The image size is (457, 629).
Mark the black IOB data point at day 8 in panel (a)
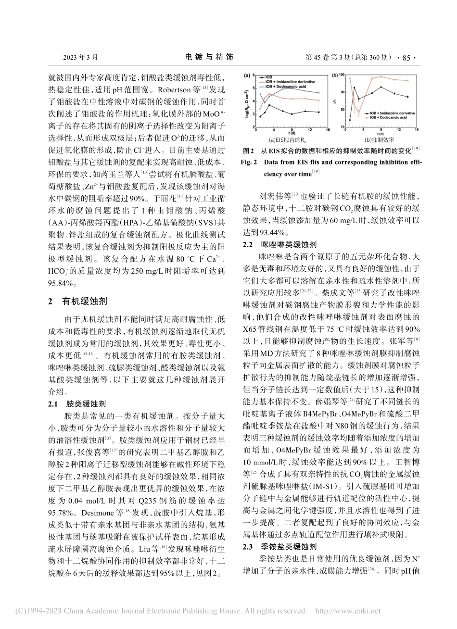(x=292, y=114)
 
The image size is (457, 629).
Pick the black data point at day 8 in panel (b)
(x=381, y=87)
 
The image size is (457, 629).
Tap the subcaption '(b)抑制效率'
(x=379, y=140)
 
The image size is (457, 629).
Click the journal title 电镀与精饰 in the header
(x=209, y=57)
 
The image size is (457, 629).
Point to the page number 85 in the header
(x=406, y=58)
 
